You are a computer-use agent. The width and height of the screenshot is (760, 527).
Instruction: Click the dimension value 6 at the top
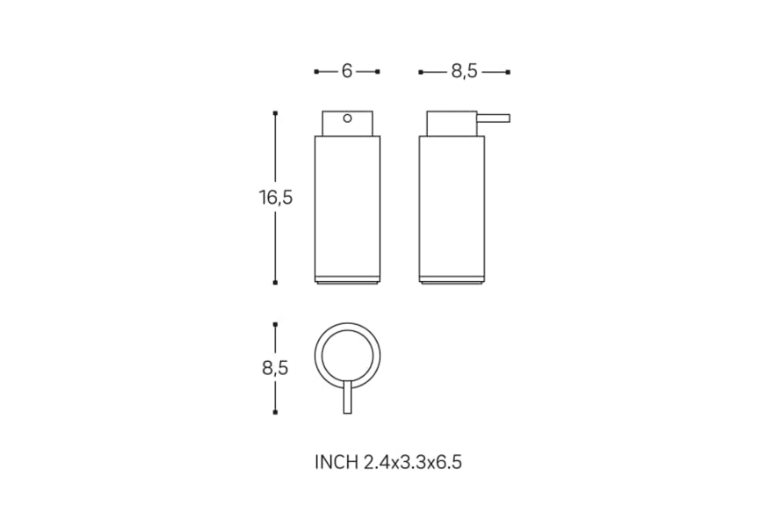347,71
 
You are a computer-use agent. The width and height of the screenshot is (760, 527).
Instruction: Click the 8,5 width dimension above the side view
464,72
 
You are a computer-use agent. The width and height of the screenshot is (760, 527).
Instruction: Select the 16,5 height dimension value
276,198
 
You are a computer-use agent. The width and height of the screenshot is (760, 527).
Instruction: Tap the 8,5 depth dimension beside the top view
275,368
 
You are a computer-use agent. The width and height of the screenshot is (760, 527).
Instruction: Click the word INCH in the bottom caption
337,462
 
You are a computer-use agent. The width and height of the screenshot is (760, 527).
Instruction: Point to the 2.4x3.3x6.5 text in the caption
412,462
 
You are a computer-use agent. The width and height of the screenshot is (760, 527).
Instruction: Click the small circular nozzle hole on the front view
348,119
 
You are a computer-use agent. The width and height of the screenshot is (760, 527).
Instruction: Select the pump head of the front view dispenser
348,123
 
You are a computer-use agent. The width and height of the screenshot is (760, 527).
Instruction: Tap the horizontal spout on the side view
494,119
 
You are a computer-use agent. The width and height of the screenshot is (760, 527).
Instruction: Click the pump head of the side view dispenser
452,123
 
